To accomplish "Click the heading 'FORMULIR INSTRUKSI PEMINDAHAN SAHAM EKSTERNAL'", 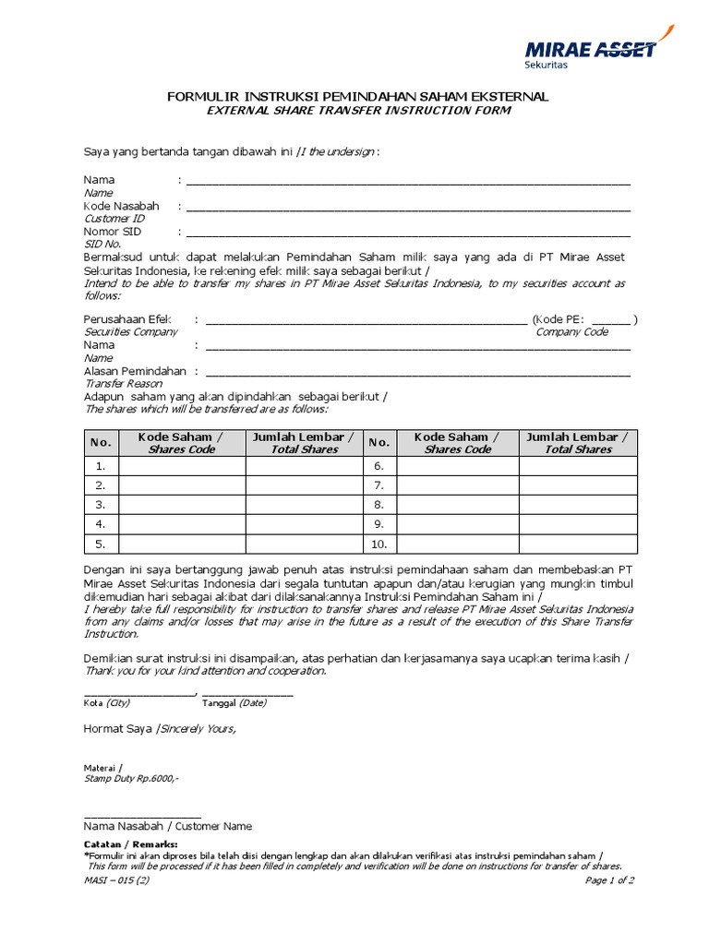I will (357, 96).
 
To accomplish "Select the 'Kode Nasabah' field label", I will (121, 206).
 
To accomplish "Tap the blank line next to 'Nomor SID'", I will (409, 233).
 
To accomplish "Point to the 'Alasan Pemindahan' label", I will (135, 371).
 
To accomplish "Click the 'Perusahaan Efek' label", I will (128, 319).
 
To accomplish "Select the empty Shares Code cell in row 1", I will (182, 466).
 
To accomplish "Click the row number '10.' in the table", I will (379, 544).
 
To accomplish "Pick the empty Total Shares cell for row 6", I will (577, 466).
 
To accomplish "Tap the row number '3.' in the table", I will (101, 505).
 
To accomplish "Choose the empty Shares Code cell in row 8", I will (457, 505).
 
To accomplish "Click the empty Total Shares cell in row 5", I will (305, 544).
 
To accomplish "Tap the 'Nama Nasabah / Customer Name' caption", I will (167, 826).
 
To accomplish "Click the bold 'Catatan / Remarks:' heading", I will (130, 844).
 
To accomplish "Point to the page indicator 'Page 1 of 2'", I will (609, 880).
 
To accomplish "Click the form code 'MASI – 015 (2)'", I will (116, 880).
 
